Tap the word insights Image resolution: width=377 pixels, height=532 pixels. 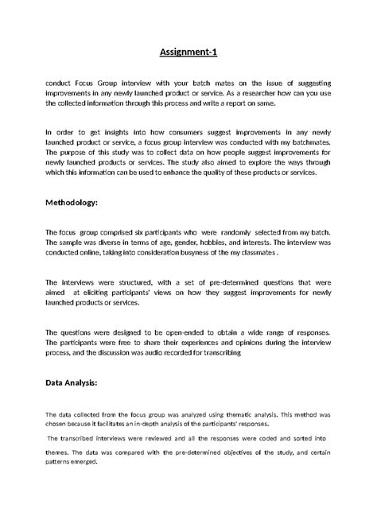click(x=114, y=130)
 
